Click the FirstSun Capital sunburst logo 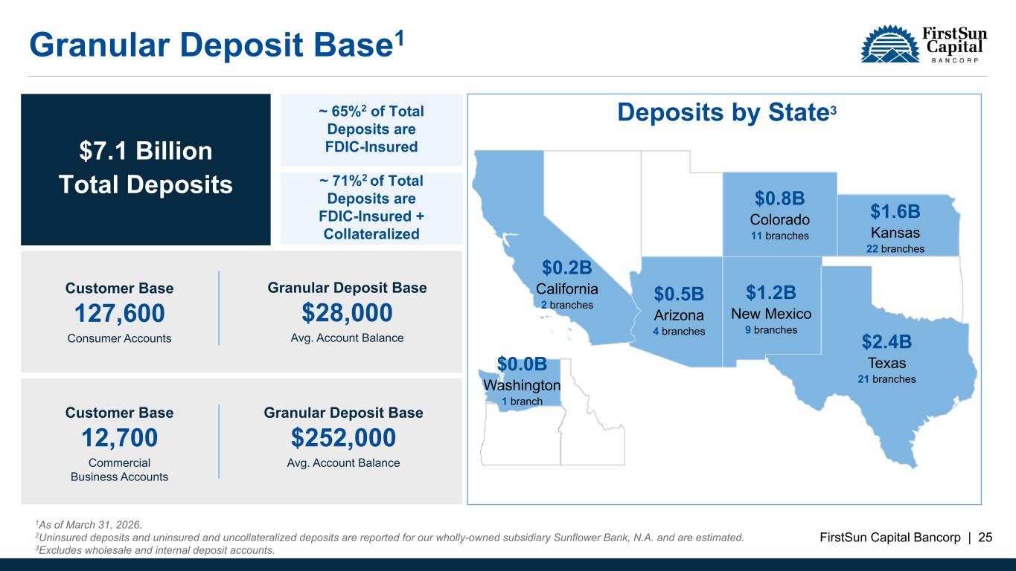pyautogui.click(x=890, y=44)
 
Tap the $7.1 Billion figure pyautogui.click(x=146, y=151)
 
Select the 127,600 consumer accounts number pyautogui.click(x=119, y=313)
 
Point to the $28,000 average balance pyautogui.click(x=347, y=313)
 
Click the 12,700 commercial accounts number pyautogui.click(x=119, y=438)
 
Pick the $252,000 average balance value pyautogui.click(x=343, y=438)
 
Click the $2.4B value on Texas pyautogui.click(x=886, y=342)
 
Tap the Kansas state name pyautogui.click(x=895, y=233)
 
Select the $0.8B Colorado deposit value pyautogui.click(x=780, y=199)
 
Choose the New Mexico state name pyautogui.click(x=771, y=314)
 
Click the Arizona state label pyautogui.click(x=679, y=315)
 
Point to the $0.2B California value pyautogui.click(x=567, y=268)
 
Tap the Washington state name pyautogui.click(x=522, y=385)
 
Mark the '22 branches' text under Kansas pyautogui.click(x=895, y=249)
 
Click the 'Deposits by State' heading pyautogui.click(x=726, y=112)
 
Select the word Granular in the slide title pyautogui.click(x=99, y=45)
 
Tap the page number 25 pyautogui.click(x=985, y=538)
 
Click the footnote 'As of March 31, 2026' pyautogui.click(x=89, y=525)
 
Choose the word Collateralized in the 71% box pyautogui.click(x=371, y=234)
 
